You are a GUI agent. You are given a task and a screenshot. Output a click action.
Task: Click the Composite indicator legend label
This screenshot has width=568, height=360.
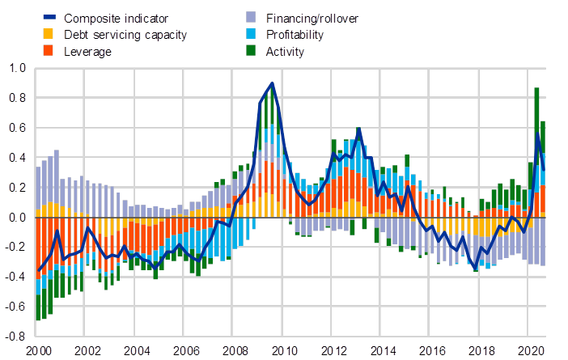point(117,18)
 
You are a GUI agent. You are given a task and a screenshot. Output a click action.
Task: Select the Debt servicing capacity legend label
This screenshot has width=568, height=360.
point(125,35)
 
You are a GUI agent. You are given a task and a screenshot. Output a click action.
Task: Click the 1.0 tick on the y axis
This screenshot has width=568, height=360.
point(17,69)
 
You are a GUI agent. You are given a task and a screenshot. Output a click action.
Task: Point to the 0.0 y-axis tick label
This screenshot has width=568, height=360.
point(17,218)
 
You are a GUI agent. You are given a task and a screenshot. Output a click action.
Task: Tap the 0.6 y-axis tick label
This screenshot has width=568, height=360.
point(17,128)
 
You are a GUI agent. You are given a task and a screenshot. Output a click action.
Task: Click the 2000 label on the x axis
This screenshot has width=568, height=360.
point(38,351)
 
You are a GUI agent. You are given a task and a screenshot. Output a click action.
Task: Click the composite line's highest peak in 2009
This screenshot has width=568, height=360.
point(273,83)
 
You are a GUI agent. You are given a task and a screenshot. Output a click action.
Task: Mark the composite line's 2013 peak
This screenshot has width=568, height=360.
point(358,129)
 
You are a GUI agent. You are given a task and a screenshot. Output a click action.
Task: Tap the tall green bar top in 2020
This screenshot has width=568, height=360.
point(536,88)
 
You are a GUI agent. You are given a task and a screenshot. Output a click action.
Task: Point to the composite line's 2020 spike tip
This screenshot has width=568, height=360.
point(537,135)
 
